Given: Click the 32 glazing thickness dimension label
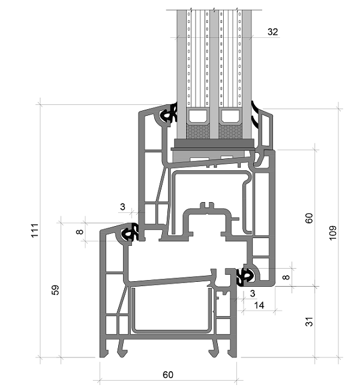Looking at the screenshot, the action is pos(272,32).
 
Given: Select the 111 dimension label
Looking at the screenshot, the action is pos(35,230).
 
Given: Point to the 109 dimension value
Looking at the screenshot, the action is pos(333,233).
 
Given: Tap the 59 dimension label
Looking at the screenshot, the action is pos(55,290).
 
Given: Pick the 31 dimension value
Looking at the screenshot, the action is pos(309,321).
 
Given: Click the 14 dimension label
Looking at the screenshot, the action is pos(259,305).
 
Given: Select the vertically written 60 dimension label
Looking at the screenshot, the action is pos(309,218).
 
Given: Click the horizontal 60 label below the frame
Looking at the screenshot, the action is pos(168,375).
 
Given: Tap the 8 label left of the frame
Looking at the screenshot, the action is pos(80,231).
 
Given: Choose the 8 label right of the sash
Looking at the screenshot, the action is pos(286,277).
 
